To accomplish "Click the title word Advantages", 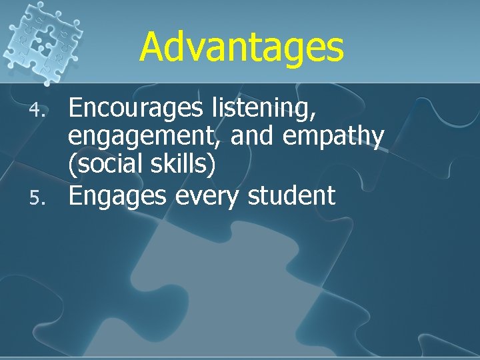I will coord(241,47).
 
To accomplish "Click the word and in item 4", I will coord(253,135).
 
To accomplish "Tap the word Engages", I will coord(113,197).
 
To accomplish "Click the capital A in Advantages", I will coord(153,47).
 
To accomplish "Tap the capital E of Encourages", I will coord(76,107).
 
